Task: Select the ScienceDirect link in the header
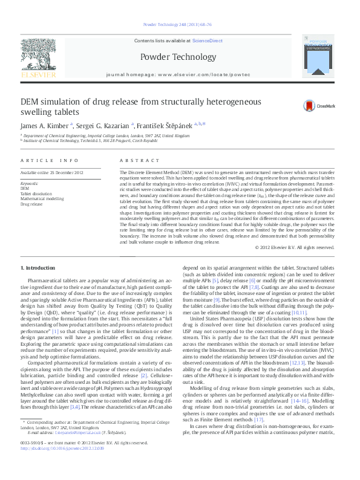207,41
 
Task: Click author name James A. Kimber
45,125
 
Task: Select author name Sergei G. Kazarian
105,125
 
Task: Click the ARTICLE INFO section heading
50,160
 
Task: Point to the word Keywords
30,183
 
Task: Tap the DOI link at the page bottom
62,465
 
